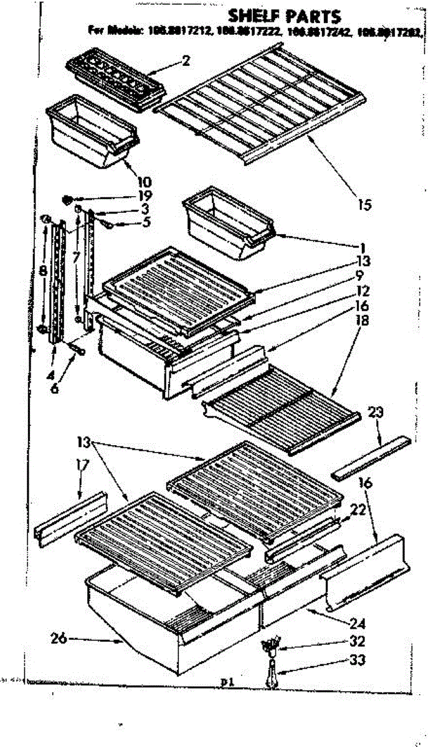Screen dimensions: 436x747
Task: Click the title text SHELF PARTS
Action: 283,15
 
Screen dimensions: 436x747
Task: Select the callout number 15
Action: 366,204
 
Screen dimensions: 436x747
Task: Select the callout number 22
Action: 357,509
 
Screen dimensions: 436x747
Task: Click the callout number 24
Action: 357,623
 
